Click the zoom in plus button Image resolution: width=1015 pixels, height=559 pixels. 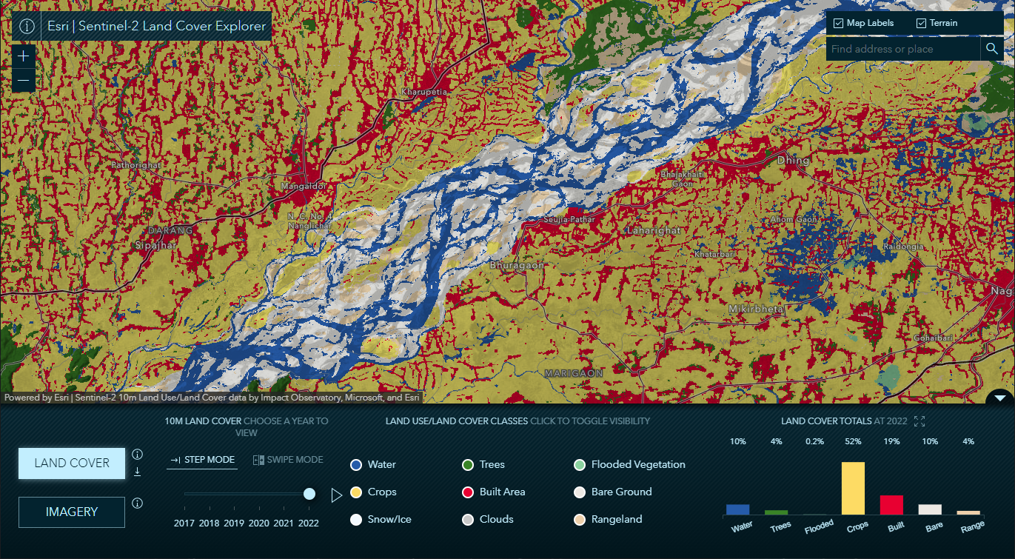(24, 56)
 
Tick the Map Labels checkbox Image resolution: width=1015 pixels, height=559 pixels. (839, 24)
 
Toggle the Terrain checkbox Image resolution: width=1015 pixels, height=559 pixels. (922, 24)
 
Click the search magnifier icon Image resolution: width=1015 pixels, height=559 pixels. (991, 49)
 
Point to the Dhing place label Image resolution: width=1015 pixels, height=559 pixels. (793, 160)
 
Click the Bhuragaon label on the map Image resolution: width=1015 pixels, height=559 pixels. (517, 264)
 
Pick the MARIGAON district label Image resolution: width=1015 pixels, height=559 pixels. (574, 374)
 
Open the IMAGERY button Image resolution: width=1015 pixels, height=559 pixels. (72, 512)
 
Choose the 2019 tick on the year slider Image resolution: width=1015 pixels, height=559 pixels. (234, 523)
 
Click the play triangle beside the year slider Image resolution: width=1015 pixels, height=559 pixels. (337, 495)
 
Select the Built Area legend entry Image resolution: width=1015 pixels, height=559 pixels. (502, 492)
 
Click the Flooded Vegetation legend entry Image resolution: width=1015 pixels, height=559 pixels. (637, 464)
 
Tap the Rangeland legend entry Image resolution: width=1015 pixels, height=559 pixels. (616, 519)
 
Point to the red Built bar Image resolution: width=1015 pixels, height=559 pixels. (891, 504)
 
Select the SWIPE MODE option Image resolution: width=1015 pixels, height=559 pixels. (288, 460)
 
